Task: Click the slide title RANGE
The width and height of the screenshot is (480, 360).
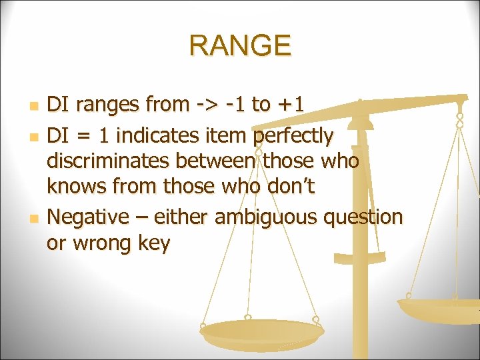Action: pos(240,46)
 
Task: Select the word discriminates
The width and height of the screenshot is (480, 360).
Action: pos(109,161)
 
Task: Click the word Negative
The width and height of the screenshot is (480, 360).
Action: pos(89,217)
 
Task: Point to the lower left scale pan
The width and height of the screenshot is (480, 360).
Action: pos(262,331)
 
